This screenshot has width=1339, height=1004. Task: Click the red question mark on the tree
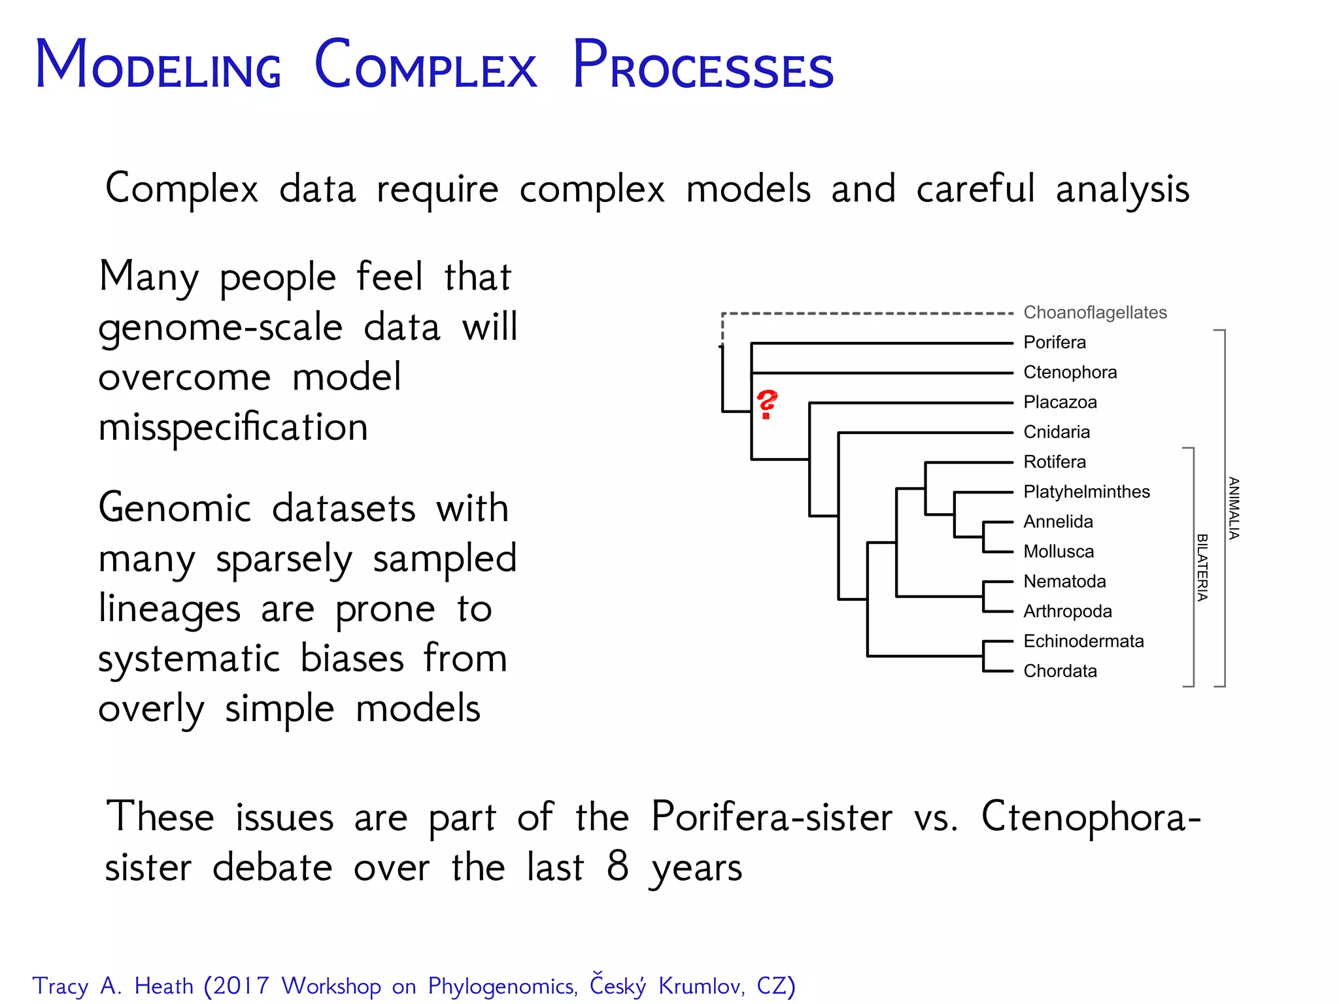click(766, 404)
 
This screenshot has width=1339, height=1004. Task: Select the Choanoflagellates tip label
click(1094, 312)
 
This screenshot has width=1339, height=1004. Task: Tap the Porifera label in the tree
click(1054, 342)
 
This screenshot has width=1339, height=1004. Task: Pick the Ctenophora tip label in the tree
click(1070, 372)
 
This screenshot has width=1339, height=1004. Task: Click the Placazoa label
click(1059, 402)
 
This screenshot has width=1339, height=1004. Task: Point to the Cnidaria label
click(1056, 432)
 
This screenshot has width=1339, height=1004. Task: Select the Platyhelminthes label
click(1086, 492)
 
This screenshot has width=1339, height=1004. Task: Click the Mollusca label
click(1058, 552)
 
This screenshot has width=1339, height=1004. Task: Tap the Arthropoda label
click(1067, 611)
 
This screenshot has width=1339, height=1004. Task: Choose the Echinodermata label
click(1083, 641)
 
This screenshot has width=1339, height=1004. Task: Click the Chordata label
click(1059, 671)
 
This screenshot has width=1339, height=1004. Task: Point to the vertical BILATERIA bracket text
click(1202, 567)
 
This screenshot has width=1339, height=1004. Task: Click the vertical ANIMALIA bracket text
click(1233, 508)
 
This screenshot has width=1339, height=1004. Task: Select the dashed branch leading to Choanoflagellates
click(870, 314)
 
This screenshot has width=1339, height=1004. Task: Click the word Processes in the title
click(702, 65)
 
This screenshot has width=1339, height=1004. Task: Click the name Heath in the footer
click(163, 986)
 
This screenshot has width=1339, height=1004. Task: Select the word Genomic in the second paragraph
click(175, 509)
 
